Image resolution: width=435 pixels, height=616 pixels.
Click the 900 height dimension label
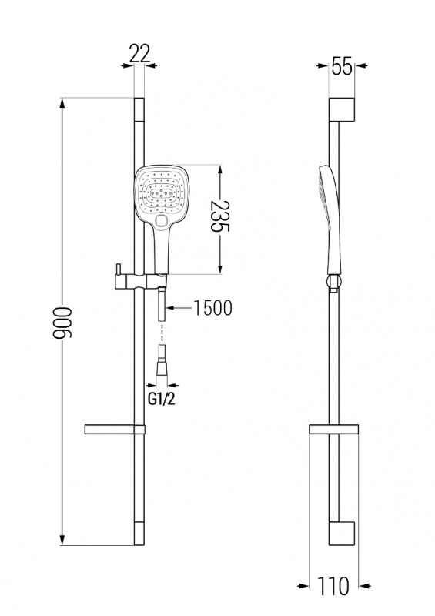63,323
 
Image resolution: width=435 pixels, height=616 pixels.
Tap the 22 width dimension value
139,53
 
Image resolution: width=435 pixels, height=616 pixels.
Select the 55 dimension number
342,66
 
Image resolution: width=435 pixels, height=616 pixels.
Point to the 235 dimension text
219,216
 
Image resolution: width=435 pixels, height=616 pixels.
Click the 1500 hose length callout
213,308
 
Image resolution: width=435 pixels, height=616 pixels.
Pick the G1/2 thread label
161,399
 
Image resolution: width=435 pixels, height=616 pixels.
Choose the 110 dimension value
333,586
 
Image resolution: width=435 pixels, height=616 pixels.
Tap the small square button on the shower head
161,222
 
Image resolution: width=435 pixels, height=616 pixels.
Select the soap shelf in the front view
115,430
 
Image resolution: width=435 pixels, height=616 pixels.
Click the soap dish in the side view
333,430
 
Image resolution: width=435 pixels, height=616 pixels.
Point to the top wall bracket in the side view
342,109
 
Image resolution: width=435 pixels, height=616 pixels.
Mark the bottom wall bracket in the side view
342,534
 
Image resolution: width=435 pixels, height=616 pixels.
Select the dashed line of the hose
162,333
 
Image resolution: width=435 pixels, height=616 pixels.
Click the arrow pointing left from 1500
179,308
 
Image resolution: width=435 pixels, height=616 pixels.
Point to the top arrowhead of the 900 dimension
62,104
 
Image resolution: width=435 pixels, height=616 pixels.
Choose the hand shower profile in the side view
330,220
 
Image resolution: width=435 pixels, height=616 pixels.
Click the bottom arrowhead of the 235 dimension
219,267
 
